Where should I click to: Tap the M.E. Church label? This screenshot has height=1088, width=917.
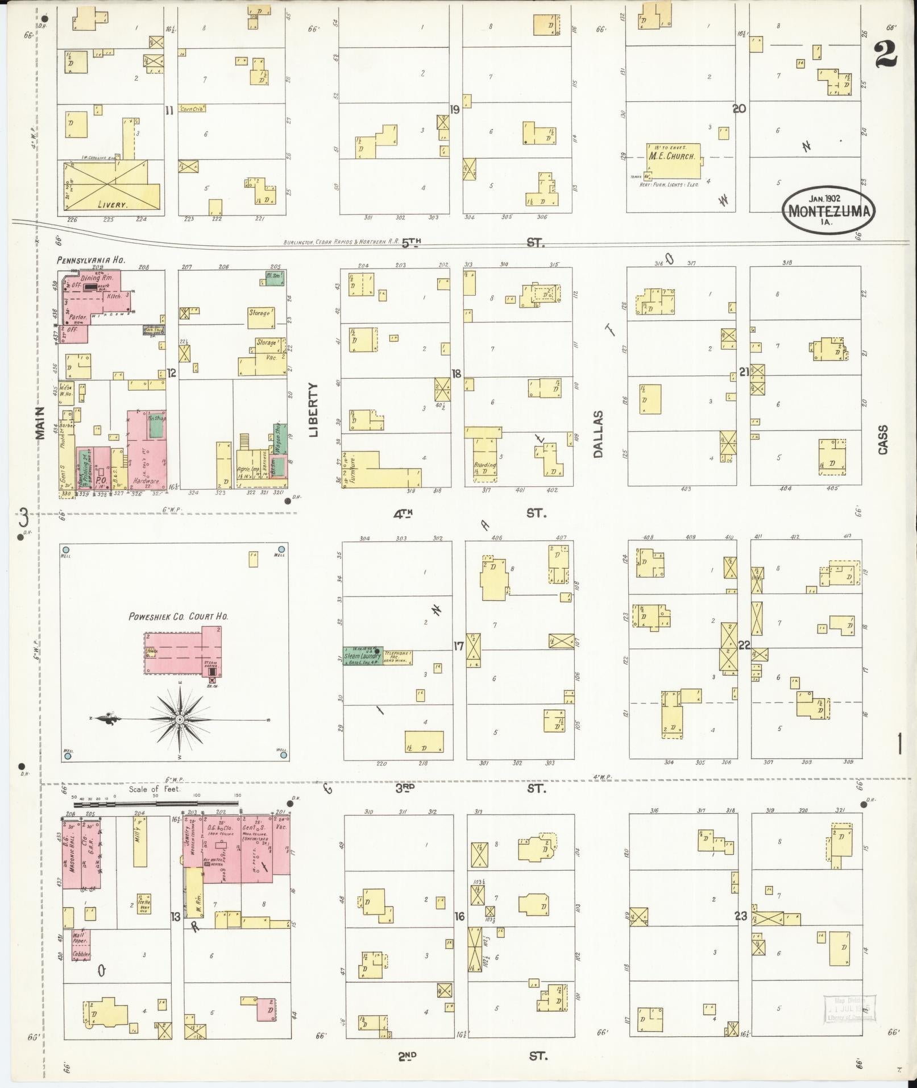(x=674, y=156)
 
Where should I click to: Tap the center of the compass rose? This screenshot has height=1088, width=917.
(x=180, y=719)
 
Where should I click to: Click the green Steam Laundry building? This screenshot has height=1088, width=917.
(x=362, y=656)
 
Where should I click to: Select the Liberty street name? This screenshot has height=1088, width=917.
(x=314, y=409)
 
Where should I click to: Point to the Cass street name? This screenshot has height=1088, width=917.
(x=882, y=440)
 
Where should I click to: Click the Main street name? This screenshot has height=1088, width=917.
(x=40, y=423)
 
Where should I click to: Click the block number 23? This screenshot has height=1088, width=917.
(x=740, y=916)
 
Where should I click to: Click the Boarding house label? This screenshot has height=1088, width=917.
(x=485, y=464)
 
